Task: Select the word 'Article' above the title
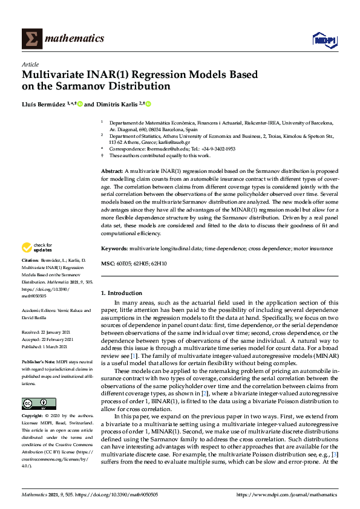click(x=30, y=64)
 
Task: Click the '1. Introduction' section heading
click(x=121, y=293)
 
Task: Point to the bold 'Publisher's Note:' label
click(x=41, y=358)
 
